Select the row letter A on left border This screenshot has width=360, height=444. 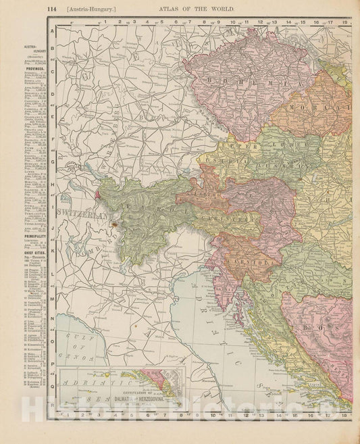(x=51, y=39)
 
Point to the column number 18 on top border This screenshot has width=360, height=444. (x=344, y=22)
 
